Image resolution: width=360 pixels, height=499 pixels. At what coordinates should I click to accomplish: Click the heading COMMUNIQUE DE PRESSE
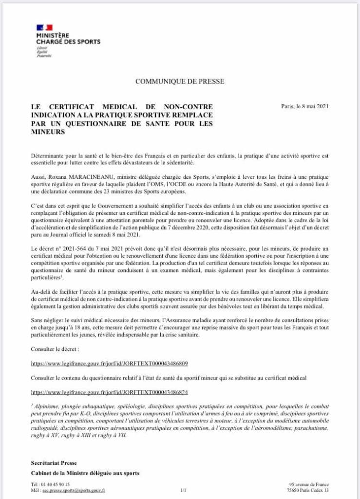[x=180, y=82]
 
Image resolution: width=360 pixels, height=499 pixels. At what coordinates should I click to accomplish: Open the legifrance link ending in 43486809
[x=109, y=364]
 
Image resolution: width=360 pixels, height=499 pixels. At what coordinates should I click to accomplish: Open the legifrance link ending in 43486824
[x=109, y=391]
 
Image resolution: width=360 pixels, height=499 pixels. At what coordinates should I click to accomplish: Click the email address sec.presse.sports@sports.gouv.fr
[x=73, y=491]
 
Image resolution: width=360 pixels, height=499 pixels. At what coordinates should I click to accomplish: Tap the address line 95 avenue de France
[x=308, y=484]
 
